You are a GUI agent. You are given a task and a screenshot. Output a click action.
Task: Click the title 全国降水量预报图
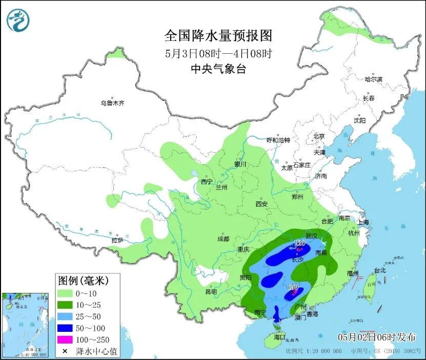click(218, 35)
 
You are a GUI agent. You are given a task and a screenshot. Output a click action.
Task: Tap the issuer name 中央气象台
click(218, 69)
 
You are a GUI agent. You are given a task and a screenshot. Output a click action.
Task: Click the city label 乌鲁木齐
click(112, 103)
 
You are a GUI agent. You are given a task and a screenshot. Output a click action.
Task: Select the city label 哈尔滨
click(373, 79)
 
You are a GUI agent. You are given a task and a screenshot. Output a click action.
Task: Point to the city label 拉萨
click(117, 240)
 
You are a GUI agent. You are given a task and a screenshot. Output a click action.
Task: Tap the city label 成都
click(223, 239)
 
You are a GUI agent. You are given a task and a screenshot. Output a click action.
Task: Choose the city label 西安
click(261, 204)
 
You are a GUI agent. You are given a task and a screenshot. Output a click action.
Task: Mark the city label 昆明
click(211, 291)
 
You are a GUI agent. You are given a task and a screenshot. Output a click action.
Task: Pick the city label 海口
click(279, 337)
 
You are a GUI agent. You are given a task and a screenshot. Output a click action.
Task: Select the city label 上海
click(363, 222)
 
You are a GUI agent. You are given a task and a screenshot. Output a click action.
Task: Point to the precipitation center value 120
click(300, 242)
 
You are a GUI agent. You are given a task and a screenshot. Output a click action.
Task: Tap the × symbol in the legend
click(65, 351)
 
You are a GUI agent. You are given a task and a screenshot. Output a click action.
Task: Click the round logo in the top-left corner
click(18, 20)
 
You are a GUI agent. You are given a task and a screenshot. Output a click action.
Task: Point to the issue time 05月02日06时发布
click(377, 336)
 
